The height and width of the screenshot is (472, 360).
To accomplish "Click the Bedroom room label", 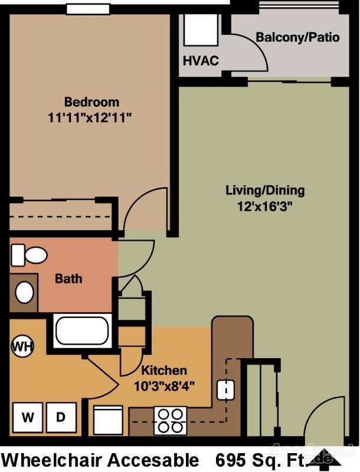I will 91,101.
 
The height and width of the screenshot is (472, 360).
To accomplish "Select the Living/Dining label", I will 265,190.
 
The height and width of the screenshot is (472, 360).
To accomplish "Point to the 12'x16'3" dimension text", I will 265,206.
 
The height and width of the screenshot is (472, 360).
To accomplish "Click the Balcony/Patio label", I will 297,37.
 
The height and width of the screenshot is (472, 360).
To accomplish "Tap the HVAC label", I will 201,61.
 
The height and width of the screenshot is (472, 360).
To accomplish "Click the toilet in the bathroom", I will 30,255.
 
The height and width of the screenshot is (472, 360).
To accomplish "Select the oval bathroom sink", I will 24,292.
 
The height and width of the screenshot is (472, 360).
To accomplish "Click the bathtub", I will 83,330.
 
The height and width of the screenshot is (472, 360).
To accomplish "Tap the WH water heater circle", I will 22,345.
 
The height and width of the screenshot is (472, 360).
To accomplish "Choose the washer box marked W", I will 28,418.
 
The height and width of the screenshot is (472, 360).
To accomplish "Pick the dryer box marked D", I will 61,418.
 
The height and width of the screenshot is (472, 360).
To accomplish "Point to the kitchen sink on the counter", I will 225,389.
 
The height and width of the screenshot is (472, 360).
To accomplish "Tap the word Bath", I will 68,278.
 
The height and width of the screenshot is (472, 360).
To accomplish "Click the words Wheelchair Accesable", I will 100,460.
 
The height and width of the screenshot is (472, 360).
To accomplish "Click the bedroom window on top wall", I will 87,9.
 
